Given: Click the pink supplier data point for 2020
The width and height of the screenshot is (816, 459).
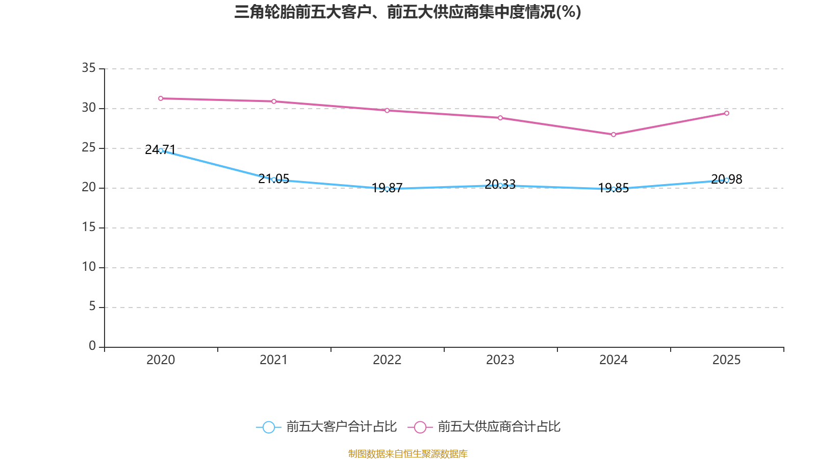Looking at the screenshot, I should pyautogui.click(x=161, y=98).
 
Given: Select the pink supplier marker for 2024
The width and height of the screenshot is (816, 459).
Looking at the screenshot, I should pyautogui.click(x=614, y=135).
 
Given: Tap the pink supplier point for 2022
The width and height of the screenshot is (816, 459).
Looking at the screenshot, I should pyautogui.click(x=387, y=110).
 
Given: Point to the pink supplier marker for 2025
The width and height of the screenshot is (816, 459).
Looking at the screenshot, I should pyautogui.click(x=727, y=113).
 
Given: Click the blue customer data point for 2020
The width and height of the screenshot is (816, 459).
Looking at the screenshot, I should pyautogui.click(x=161, y=150).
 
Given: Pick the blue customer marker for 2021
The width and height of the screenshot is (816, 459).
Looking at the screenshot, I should pyautogui.click(x=274, y=180).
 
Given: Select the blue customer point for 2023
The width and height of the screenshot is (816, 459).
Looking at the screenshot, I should pyautogui.click(x=500, y=185).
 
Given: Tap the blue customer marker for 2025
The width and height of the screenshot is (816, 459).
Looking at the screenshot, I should pyautogui.click(x=727, y=180).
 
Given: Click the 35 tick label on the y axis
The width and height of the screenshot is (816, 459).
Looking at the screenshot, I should pyautogui.click(x=89, y=68).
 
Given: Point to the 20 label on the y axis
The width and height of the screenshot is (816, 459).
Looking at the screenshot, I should pyautogui.click(x=89, y=187).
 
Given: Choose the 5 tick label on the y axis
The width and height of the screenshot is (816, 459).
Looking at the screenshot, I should pyautogui.click(x=92, y=306).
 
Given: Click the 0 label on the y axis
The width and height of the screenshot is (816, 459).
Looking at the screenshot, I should pyautogui.click(x=92, y=346).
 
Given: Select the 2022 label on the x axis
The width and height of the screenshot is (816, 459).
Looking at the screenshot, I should pyautogui.click(x=387, y=360).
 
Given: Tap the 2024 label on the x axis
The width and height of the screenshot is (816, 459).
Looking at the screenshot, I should pyautogui.click(x=614, y=360).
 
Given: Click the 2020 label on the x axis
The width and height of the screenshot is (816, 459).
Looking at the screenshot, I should pyautogui.click(x=161, y=360).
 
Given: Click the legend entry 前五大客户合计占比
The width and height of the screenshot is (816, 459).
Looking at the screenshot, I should pyautogui.click(x=341, y=427).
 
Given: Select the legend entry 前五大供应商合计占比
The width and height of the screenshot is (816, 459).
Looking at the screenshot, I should pyautogui.click(x=499, y=427).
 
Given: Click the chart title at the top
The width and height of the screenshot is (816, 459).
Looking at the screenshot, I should pyautogui.click(x=407, y=12).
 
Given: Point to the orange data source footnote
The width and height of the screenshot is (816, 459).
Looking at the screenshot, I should pyautogui.click(x=407, y=453).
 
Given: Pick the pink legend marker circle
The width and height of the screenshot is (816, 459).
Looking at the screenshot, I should pyautogui.click(x=420, y=427).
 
